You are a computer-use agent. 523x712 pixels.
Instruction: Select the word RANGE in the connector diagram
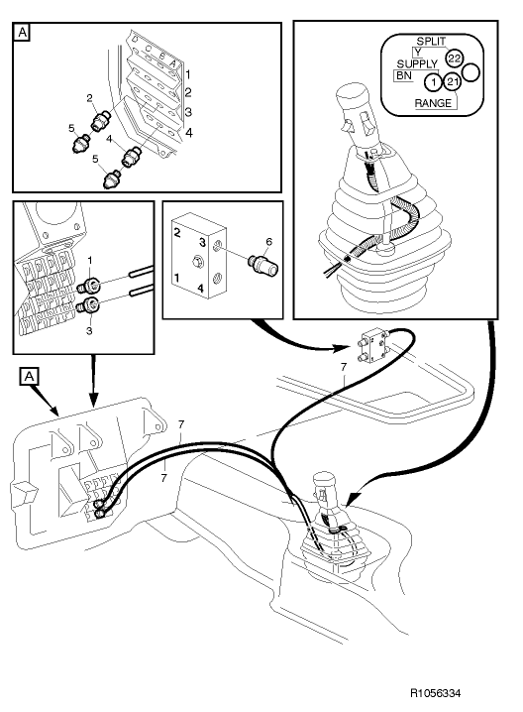pos(434,103)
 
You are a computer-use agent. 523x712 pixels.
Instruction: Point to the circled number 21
pos(452,81)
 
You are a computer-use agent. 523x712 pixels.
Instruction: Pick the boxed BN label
pos(403,75)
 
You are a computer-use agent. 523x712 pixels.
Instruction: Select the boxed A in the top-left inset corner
pos(23,32)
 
